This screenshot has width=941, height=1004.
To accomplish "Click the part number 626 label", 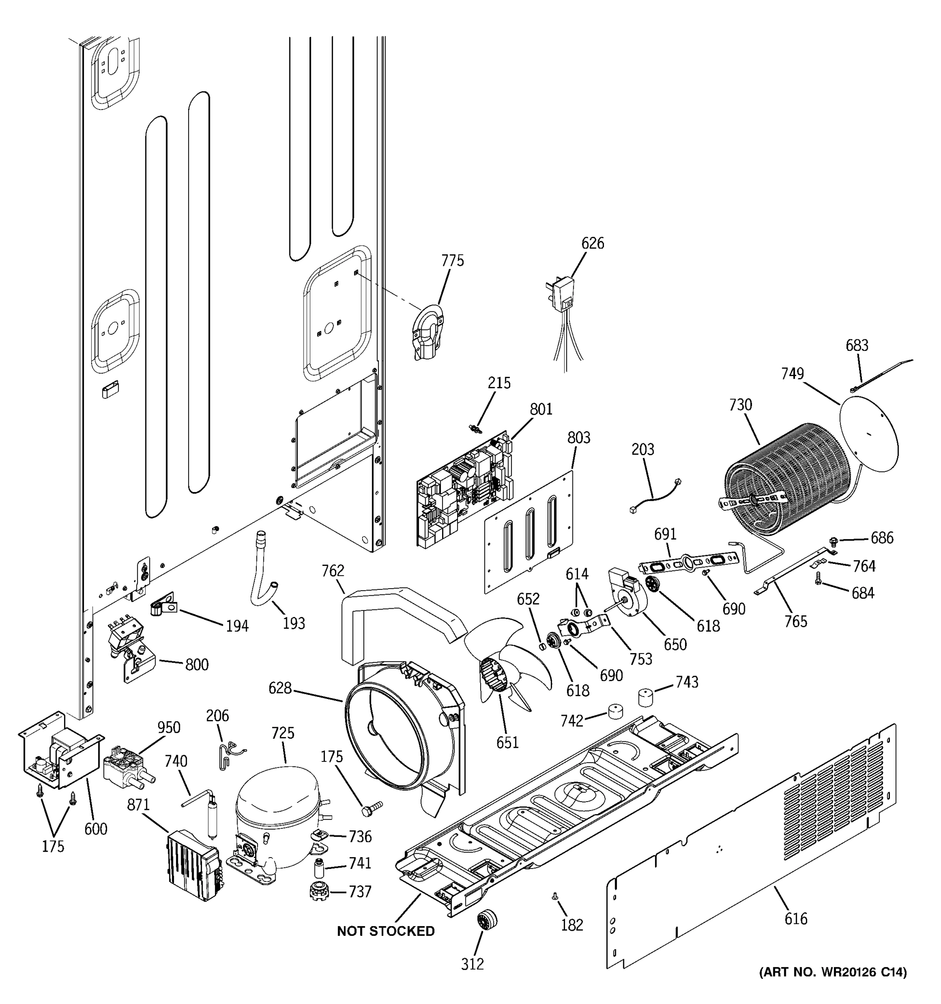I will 592,243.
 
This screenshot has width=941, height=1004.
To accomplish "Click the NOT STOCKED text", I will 386,931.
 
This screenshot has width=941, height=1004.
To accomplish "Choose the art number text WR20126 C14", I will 833,972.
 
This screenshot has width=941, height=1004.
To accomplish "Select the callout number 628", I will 280,688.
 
